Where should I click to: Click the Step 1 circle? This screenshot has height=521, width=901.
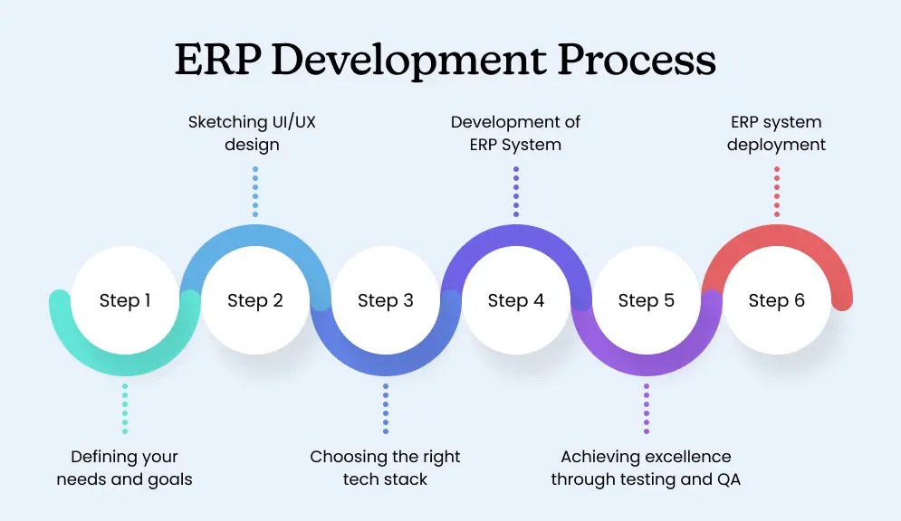point(125,300)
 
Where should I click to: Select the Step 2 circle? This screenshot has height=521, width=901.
point(255,300)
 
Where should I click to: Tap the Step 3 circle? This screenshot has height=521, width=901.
point(386,300)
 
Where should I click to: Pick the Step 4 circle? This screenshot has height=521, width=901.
point(516,300)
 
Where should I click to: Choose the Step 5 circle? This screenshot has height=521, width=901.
point(647,300)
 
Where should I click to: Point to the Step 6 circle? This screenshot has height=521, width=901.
point(777,300)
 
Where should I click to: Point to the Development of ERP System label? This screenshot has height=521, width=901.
point(515,133)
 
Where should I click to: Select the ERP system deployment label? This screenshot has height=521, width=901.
point(777,133)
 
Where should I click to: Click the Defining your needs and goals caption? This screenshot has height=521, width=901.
point(125,468)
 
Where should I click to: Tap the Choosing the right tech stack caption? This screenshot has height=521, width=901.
point(386,468)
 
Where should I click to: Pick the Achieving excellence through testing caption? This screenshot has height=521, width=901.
point(646,468)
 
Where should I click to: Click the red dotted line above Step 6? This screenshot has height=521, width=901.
point(777,191)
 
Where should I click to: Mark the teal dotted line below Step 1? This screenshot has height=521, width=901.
point(125,408)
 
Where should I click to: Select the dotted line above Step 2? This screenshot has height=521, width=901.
point(255,191)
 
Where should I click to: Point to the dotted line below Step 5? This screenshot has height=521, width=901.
point(647,408)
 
